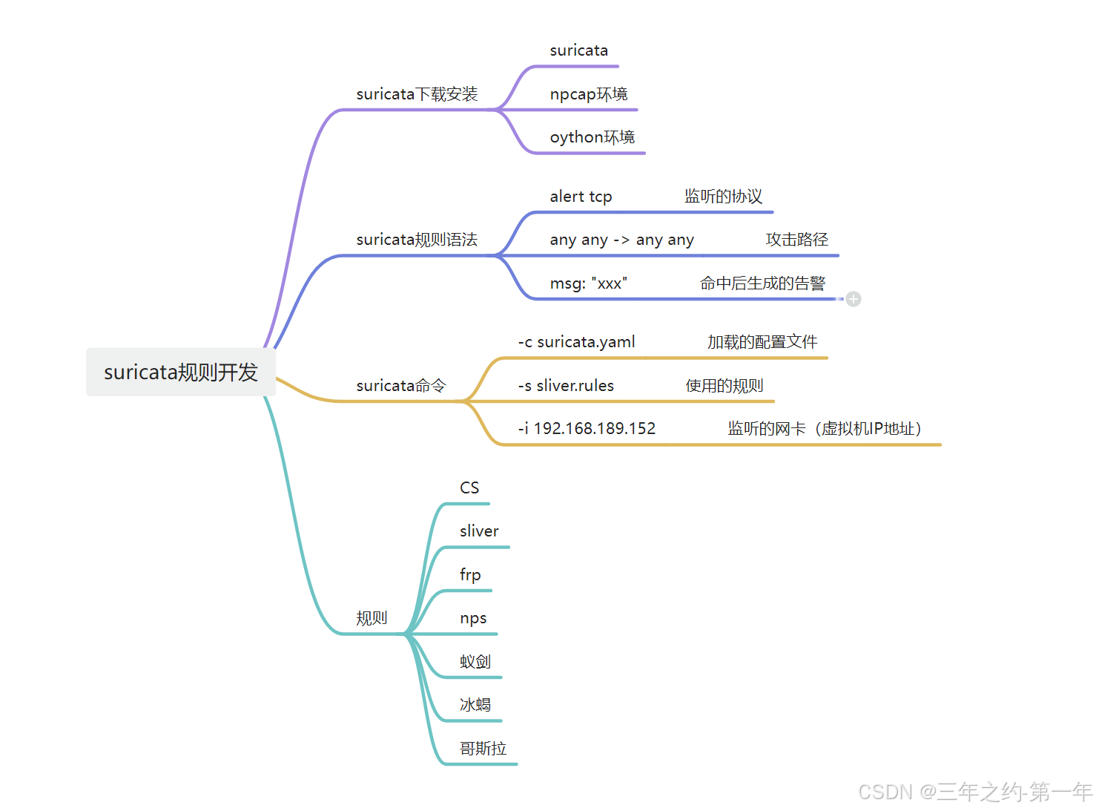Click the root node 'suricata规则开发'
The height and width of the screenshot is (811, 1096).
(x=181, y=372)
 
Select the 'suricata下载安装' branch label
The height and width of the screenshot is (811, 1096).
(x=417, y=94)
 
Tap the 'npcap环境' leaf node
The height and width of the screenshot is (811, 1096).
(x=589, y=94)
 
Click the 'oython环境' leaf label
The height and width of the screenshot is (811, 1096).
(x=592, y=137)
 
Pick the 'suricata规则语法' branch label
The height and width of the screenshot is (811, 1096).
(x=417, y=240)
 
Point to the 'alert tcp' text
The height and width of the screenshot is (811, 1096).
(x=581, y=197)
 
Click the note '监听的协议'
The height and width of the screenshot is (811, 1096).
(x=723, y=197)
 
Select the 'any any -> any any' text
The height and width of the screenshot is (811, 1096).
(x=621, y=240)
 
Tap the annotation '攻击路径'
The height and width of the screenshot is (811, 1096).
(x=796, y=240)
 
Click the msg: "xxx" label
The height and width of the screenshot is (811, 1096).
(x=588, y=283)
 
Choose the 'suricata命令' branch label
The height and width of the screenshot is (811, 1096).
(x=400, y=386)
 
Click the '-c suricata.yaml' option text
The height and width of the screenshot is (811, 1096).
(x=576, y=342)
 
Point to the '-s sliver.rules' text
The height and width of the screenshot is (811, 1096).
(x=566, y=386)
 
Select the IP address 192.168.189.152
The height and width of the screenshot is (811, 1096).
(x=595, y=429)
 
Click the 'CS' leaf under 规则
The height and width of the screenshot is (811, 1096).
(x=469, y=487)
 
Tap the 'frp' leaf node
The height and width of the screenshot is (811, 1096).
(x=470, y=575)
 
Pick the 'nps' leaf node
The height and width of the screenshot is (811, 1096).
(x=473, y=618)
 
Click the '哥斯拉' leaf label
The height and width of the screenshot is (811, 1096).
(x=483, y=749)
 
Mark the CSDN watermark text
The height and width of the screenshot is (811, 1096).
(x=974, y=792)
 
